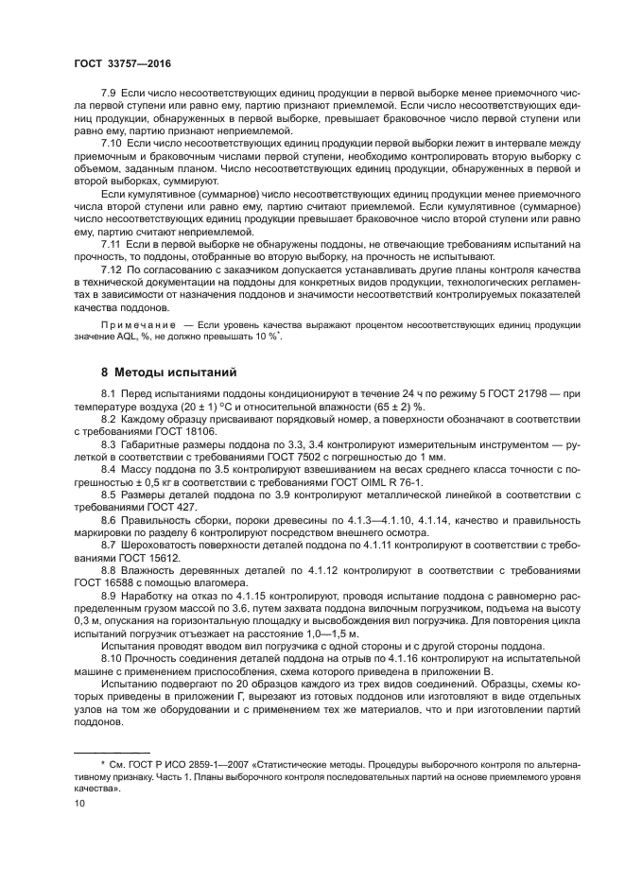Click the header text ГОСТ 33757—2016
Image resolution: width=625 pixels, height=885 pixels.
[117, 62]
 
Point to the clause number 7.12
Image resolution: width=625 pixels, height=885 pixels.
[111, 269]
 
